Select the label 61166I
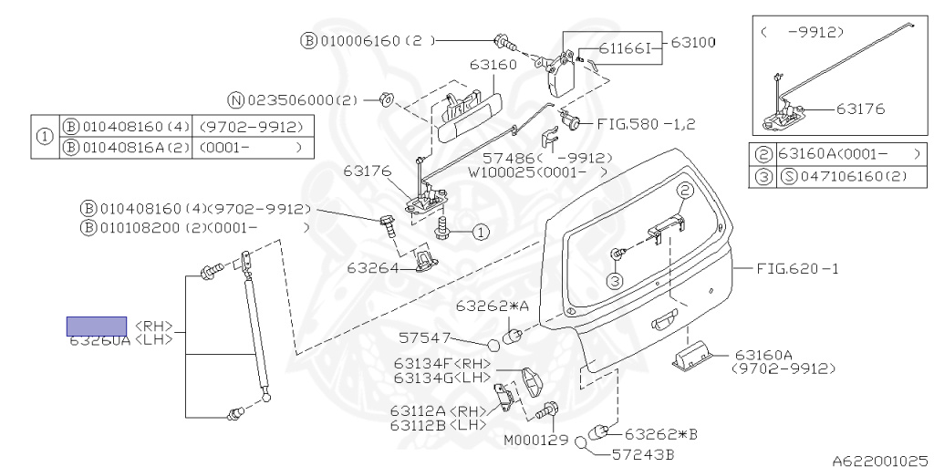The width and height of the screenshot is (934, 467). coord(626,48)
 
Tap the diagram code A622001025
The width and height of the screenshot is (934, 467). coord(878,461)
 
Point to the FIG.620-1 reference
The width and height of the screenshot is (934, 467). coord(796,268)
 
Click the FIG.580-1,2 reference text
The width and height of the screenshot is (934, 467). coord(646,123)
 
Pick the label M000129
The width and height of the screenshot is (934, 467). coord(535,440)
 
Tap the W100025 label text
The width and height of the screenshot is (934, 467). coord(504,171)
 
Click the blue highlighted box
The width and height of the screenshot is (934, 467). coord(96,326)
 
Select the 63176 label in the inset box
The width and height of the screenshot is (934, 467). coord(861,109)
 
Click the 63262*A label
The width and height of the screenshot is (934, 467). coord(484,306)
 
